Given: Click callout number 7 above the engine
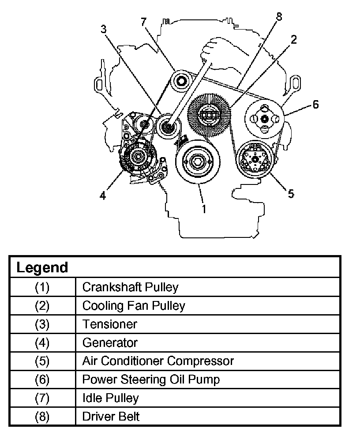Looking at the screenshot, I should click(144, 22).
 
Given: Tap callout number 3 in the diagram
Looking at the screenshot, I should click(103, 29).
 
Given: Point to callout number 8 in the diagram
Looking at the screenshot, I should click(278, 17).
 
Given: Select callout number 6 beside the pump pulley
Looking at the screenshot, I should click(315, 105).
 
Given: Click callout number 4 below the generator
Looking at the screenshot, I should click(102, 195).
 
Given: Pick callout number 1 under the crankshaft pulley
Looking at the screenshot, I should click(204, 209).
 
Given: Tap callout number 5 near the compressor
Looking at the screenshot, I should click(291, 193).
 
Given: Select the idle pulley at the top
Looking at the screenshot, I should click(181, 81).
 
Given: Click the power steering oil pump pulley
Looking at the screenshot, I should click(264, 118).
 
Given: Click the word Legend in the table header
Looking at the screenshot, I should click(42, 267).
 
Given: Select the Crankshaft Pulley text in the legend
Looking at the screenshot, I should click(130, 287).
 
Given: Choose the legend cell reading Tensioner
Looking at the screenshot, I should click(110, 324).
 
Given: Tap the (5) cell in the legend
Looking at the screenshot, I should click(42, 361).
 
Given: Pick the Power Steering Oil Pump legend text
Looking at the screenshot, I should click(151, 379).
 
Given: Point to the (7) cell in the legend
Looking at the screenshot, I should click(42, 398).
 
